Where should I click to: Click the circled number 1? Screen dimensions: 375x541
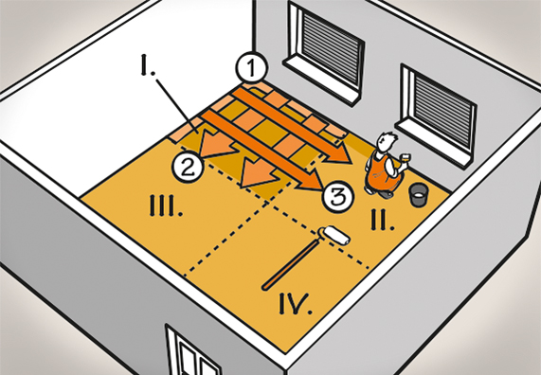249,68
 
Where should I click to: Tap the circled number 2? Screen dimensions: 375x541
189,168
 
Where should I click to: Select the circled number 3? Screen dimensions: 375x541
336,197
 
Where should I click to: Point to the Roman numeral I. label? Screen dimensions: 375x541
148,67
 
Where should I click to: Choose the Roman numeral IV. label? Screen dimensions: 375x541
297,303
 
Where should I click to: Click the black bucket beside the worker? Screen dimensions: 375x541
418,196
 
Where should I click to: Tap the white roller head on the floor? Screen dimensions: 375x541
334,235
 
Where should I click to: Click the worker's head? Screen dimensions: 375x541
384,144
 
